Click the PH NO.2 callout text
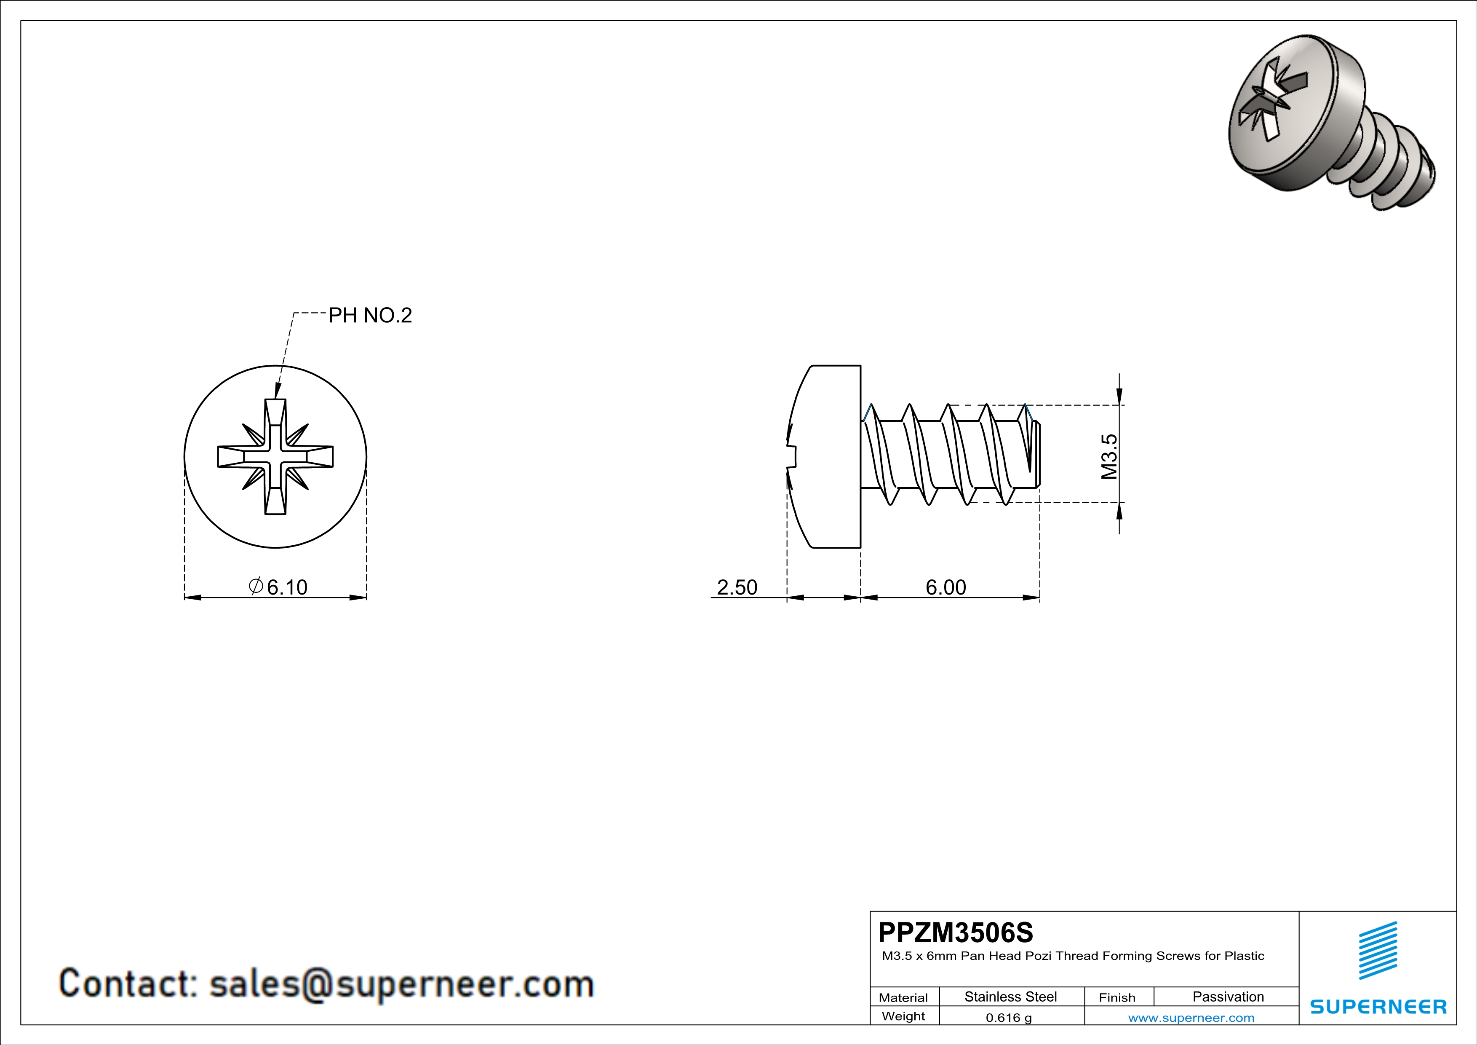(x=370, y=315)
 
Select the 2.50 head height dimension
(x=737, y=587)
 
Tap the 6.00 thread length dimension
(x=945, y=587)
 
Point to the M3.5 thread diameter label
(x=1109, y=456)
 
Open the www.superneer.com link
(x=1191, y=1017)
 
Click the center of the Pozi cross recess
(x=275, y=456)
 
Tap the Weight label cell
(x=903, y=1016)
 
